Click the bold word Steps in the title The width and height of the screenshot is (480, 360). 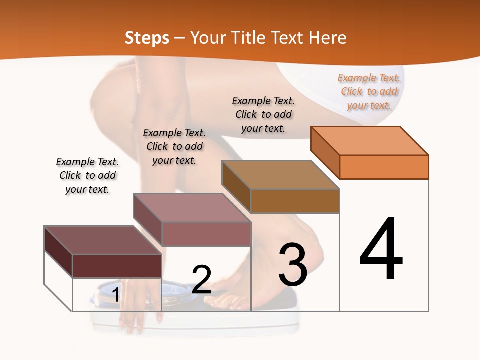[x=147, y=38]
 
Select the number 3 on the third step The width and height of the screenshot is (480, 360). [x=293, y=265]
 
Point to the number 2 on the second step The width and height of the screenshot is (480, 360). [x=202, y=280]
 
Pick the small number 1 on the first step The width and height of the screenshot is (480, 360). [x=115, y=295]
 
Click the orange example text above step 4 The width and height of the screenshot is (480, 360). [x=369, y=91]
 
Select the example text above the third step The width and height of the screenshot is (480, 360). [x=263, y=114]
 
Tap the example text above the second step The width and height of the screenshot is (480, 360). [x=174, y=146]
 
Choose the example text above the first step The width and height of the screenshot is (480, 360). [x=87, y=175]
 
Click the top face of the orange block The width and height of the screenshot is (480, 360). [x=369, y=140]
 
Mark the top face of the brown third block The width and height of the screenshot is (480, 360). [x=280, y=175]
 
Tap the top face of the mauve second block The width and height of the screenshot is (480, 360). [x=191, y=207]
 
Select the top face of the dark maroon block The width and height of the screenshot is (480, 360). [x=103, y=240]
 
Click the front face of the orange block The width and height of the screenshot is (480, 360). [x=384, y=167]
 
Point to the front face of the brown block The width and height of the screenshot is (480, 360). [x=295, y=201]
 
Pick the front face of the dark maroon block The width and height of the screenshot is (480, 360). [x=117, y=266]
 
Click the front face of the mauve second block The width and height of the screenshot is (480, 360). [x=206, y=234]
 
